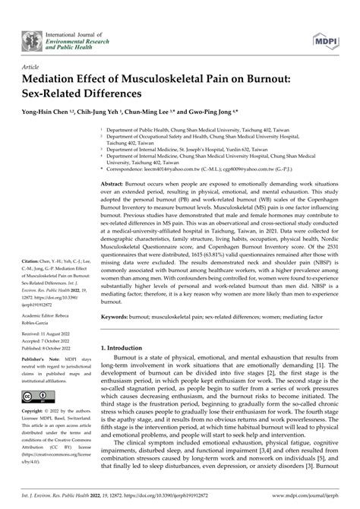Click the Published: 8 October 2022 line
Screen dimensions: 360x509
[x=43, y=350]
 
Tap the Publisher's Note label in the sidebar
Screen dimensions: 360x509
[x=39, y=362]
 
